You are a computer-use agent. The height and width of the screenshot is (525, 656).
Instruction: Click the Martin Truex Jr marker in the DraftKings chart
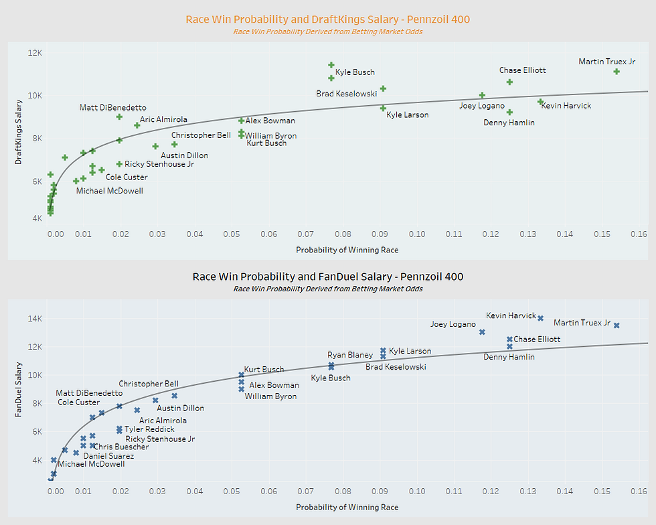617,72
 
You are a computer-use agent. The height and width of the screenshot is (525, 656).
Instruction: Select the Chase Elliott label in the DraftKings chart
523,70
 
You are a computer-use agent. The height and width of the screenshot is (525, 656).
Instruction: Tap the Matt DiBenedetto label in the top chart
112,107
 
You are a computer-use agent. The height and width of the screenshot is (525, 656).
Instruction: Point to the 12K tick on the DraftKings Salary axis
33,52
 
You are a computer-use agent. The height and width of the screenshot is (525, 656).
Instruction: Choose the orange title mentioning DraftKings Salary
327,19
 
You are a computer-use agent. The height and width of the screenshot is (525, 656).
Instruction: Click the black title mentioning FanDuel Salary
327,277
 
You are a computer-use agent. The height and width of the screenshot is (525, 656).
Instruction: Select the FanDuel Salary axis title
19,390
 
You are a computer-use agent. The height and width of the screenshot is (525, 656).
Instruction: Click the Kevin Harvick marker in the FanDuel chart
540,318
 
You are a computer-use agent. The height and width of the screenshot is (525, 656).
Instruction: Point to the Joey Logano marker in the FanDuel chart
482,332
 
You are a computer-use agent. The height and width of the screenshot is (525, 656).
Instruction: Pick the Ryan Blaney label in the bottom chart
350,355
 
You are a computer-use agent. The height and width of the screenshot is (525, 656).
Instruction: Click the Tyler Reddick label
149,429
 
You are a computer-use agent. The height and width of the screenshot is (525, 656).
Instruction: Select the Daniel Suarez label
108,456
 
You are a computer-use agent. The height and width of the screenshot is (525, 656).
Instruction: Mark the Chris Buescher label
122,447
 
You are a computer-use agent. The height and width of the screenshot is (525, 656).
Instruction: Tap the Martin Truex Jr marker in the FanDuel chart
617,325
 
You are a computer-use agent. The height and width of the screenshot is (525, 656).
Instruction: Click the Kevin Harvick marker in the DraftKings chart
540,102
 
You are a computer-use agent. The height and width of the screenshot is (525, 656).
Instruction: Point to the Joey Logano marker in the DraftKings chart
482,96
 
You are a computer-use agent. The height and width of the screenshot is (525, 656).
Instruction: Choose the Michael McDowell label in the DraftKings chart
109,191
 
